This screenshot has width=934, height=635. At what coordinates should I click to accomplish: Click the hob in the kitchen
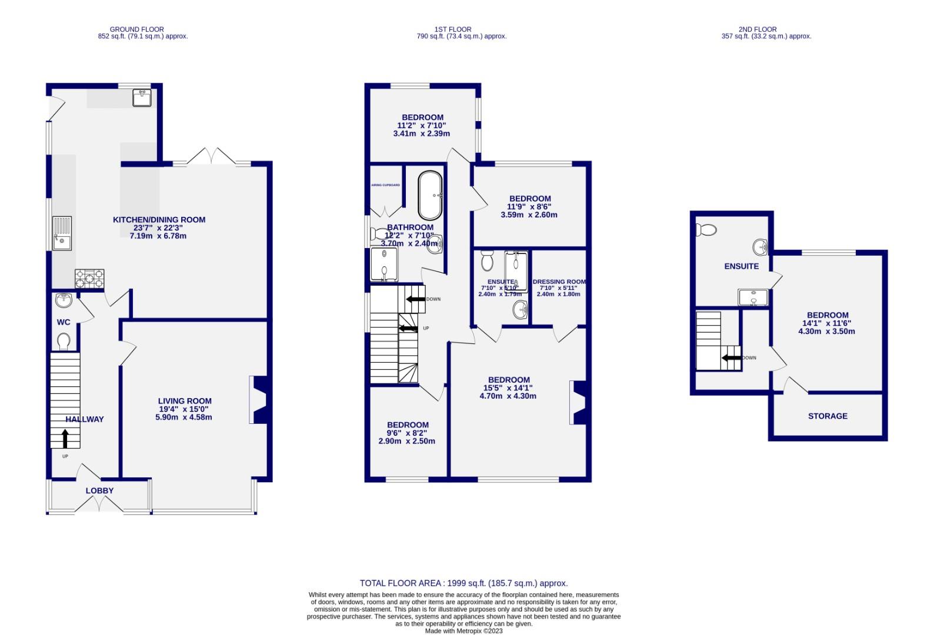pyautogui.click(x=89, y=278)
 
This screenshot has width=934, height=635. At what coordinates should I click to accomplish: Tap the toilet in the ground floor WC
pyautogui.click(x=64, y=340)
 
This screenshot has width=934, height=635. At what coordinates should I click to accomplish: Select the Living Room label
pyautogui.click(x=185, y=401)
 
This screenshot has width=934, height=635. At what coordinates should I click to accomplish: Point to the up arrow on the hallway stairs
pyautogui.click(x=65, y=438)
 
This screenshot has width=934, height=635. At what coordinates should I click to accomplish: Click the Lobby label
pyautogui.click(x=99, y=490)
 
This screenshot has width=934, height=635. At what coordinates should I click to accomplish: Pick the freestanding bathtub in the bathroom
pyautogui.click(x=430, y=195)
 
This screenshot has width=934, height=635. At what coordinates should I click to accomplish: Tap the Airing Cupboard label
pyautogui.click(x=386, y=185)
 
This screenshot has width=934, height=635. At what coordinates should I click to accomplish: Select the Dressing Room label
pyautogui.click(x=559, y=282)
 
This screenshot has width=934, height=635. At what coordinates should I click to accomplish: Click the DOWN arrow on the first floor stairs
pyautogui.click(x=416, y=299)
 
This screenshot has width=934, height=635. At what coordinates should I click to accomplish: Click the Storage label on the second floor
pyautogui.click(x=828, y=416)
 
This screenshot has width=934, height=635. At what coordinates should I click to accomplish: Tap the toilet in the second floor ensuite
pyautogui.click(x=705, y=229)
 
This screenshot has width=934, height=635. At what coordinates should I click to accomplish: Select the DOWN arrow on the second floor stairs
pyautogui.click(x=731, y=357)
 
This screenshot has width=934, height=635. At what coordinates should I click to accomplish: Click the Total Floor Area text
pyautogui.click(x=463, y=583)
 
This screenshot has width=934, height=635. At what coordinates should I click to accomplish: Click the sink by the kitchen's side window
pyautogui.click(x=61, y=233)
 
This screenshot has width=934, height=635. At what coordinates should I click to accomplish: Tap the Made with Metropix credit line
pyautogui.click(x=463, y=631)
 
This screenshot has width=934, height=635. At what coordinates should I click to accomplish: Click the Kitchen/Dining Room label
pyautogui.click(x=159, y=220)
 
